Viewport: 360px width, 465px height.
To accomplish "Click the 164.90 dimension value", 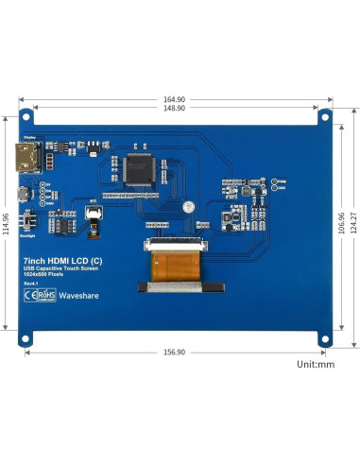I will click(174, 98).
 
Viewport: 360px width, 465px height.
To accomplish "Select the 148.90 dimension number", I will click(174, 108).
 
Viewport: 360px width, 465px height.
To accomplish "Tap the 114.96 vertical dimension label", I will click(7, 223).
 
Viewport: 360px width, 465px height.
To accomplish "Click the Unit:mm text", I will click(316, 363).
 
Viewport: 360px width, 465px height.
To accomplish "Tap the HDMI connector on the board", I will click(24, 157).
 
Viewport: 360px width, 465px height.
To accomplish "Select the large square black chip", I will click(138, 168).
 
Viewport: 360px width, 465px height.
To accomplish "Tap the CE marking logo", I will click(29, 294).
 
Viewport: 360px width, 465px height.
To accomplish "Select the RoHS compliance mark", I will click(44, 294).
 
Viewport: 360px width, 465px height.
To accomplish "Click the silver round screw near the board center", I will click(189, 205).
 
